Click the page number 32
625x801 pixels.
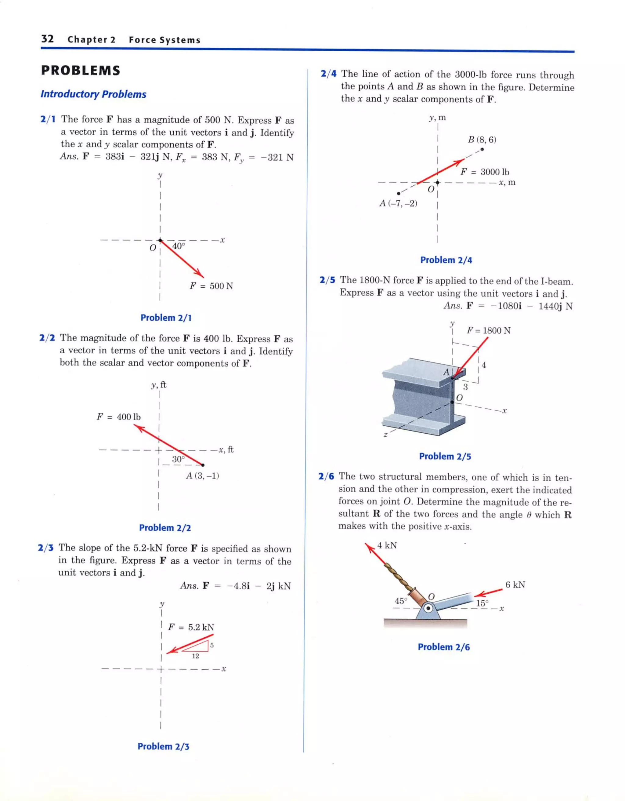pyautogui.click(x=48, y=39)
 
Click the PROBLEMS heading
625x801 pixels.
pyautogui.click(x=81, y=71)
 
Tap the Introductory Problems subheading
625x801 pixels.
pyautogui.click(x=93, y=94)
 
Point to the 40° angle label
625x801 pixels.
pyautogui.click(x=179, y=246)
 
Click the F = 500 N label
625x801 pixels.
pyautogui.click(x=211, y=286)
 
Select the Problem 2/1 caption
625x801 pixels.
pyautogui.click(x=166, y=318)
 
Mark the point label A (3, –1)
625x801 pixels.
pyautogui.click(x=202, y=476)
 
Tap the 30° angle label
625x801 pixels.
pyautogui.click(x=179, y=459)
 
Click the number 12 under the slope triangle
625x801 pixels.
pyautogui.click(x=195, y=656)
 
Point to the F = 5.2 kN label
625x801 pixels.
pyautogui.click(x=191, y=627)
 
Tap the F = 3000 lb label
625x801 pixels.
pyautogui.click(x=485, y=172)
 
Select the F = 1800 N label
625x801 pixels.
pyautogui.click(x=488, y=330)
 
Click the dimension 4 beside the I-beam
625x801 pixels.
pyautogui.click(x=484, y=365)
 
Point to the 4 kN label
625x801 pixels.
pyautogui.click(x=387, y=545)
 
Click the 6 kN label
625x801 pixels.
pyautogui.click(x=515, y=584)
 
